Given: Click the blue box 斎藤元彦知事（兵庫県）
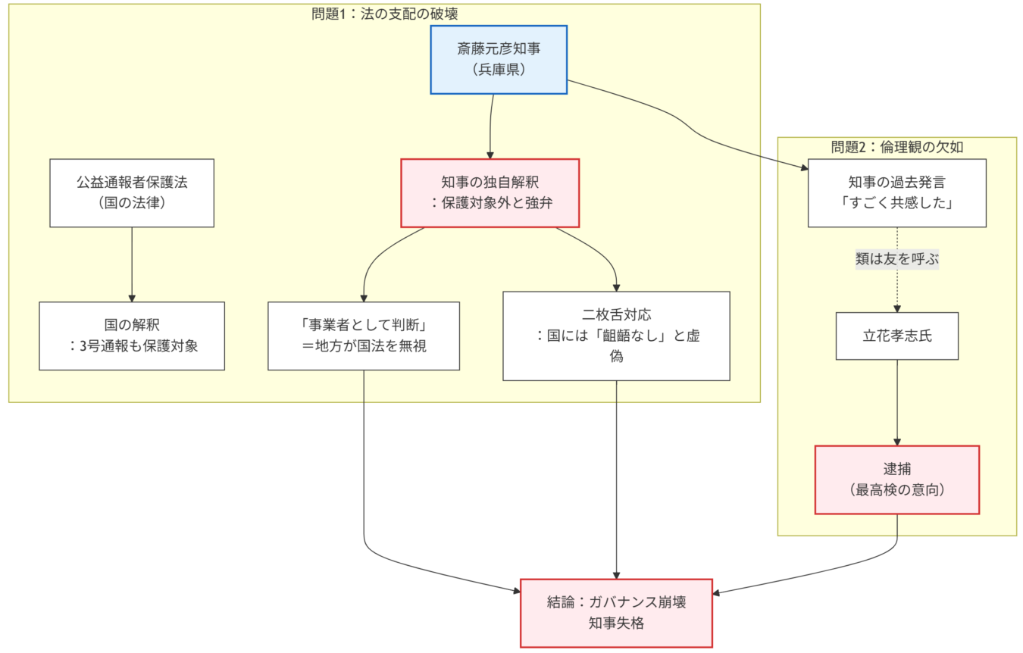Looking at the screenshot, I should [x=499, y=59].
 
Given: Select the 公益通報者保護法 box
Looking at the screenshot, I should [x=132, y=192].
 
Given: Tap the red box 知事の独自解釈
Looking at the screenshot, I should [x=490, y=192].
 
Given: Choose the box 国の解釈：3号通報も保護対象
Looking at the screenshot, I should [x=132, y=336].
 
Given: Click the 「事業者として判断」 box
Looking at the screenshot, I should [x=364, y=336].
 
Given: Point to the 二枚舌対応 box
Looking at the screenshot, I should [x=616, y=336].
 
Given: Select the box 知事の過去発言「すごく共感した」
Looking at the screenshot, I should [x=896, y=192].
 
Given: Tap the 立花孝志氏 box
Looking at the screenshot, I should [x=896, y=336].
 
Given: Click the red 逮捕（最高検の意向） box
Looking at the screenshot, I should [x=896, y=480].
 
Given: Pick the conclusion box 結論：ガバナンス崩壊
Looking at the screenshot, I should [x=616, y=613].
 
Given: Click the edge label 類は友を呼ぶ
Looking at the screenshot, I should [x=896, y=259].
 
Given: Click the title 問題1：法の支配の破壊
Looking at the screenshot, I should [x=384, y=14].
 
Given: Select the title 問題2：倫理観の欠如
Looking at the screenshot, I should [x=896, y=147].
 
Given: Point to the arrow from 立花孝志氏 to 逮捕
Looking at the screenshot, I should [x=897, y=401].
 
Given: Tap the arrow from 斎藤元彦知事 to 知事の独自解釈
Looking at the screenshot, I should [x=491, y=125].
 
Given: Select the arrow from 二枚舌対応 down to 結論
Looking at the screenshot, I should [x=616, y=477].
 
